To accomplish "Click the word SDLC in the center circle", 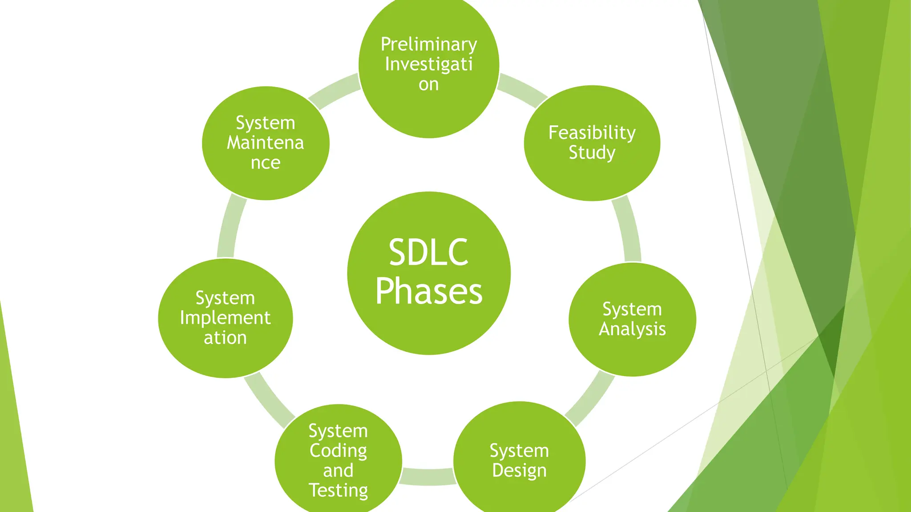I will tap(428, 252).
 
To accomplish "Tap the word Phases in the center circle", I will tap(428, 292).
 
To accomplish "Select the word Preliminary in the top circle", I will tap(429, 44).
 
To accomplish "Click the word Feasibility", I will tap(592, 132).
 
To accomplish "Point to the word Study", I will tap(592, 153).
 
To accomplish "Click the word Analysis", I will tap(632, 329).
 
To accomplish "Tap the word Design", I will tap(519, 471).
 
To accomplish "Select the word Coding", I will tap(338, 451).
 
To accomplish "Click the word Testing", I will tap(338, 490).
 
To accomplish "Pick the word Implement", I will tap(225, 318).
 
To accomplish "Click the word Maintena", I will tap(265, 143).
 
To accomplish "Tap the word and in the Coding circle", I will tap(338, 470).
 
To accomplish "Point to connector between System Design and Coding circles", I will tap(428, 476).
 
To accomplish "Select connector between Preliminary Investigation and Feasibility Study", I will tap(523, 90).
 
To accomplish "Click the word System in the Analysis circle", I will tap(632, 309).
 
